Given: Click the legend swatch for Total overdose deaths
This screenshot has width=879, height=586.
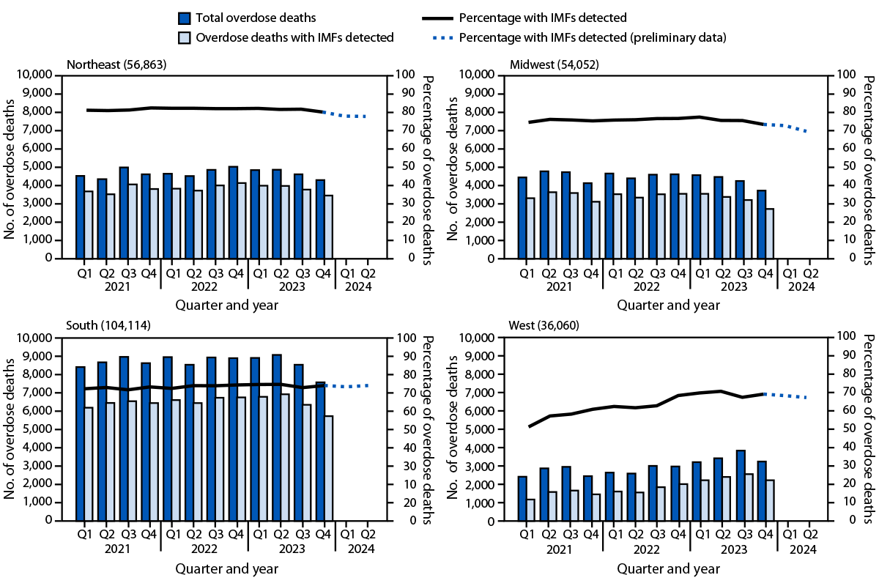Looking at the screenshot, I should tap(185, 17).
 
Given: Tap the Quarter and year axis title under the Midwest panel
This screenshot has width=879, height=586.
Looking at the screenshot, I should tap(668, 305).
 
